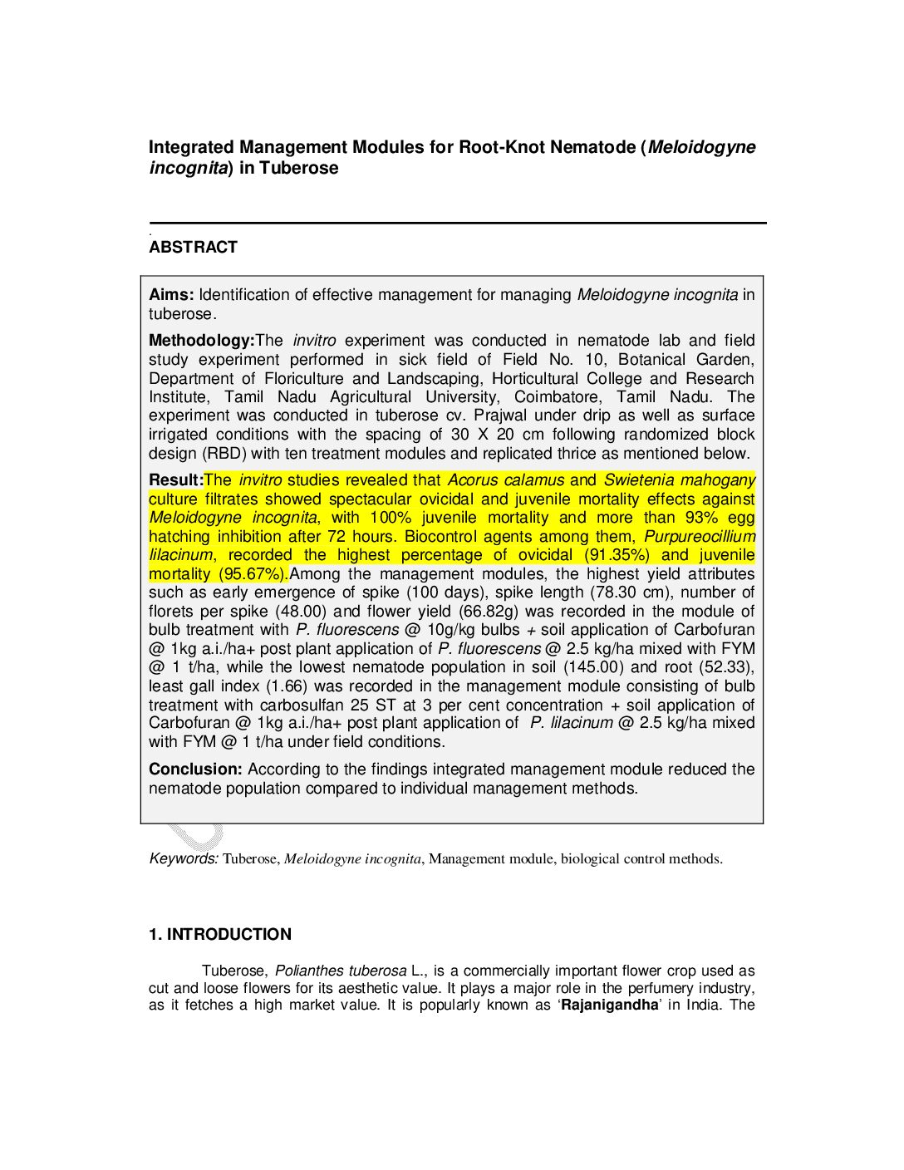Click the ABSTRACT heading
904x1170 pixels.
193,247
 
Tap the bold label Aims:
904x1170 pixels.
171,294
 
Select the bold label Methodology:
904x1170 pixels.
201,340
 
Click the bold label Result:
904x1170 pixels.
175,479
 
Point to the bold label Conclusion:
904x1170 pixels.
195,769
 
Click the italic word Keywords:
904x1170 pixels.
184,858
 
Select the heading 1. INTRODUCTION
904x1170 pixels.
219,934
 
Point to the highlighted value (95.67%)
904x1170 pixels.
253,574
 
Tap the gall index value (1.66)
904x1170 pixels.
287,686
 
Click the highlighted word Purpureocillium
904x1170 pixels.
700,537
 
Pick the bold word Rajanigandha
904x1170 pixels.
609,1005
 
